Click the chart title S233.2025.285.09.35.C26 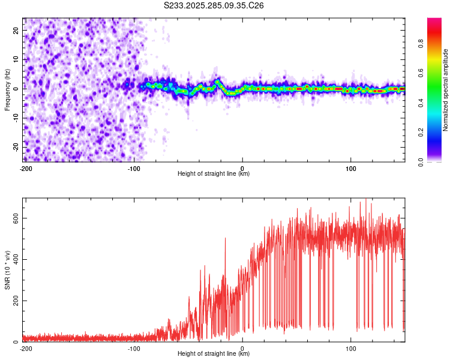[x=214, y=5]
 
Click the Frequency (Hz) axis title [x=7, y=89]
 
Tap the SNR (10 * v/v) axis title [x=7, y=269]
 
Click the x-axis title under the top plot [x=214, y=173]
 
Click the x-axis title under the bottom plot [x=214, y=353]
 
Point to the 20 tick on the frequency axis [x=16, y=30]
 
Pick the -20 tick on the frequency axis [x=15, y=147]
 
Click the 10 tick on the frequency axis [x=16, y=59]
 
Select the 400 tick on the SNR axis [x=14, y=260]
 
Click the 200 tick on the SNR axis [x=14, y=301]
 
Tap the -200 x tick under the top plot [x=26, y=168]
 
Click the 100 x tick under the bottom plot [x=351, y=348]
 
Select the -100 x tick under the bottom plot [x=134, y=348]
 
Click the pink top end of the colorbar [x=434, y=21]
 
